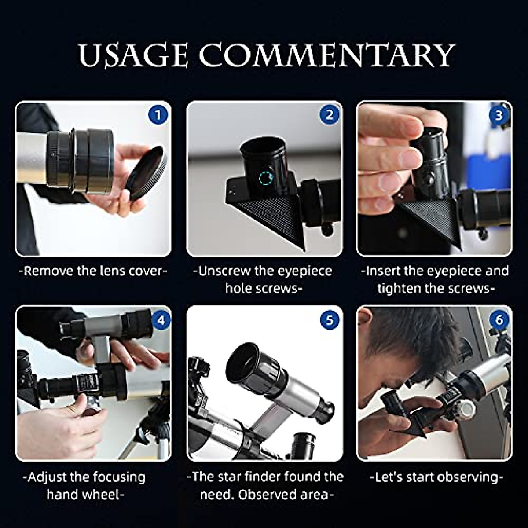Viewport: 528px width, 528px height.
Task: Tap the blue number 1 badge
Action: coord(158,115)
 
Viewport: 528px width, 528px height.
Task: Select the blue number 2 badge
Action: coord(329,115)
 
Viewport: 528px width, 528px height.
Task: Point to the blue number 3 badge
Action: coord(499,115)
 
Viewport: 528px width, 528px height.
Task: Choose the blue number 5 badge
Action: coord(330,320)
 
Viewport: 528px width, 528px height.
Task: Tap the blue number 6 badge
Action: coord(499,320)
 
